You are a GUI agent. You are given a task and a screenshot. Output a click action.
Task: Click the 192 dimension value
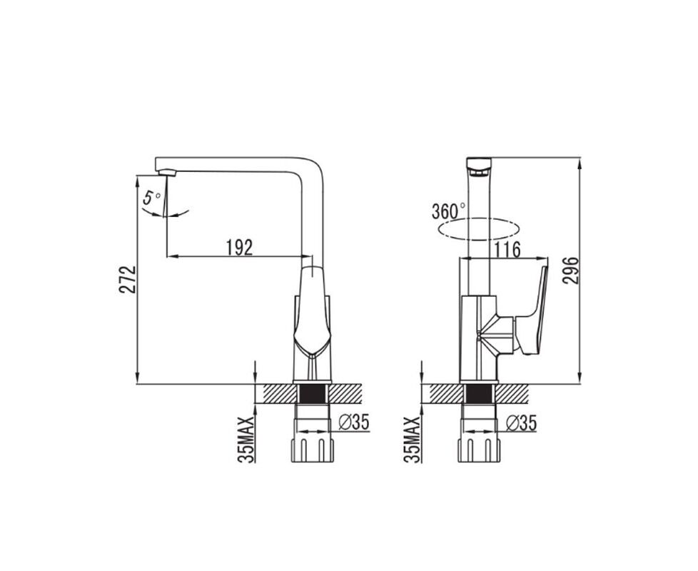coord(240,248)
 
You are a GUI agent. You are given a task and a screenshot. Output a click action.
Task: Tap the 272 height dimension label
coord(127,279)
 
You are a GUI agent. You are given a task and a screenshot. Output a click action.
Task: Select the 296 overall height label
coord(571,270)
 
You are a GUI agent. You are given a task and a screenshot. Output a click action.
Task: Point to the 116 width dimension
coord(507,250)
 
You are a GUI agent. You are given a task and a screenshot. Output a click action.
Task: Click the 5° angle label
coord(151,197)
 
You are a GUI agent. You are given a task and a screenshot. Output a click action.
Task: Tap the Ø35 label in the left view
coord(354,423)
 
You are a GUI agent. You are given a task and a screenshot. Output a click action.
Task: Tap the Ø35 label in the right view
coord(521,423)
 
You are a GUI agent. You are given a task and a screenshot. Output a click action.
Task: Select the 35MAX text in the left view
coord(246,440)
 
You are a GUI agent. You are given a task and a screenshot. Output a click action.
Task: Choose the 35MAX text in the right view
coord(413,440)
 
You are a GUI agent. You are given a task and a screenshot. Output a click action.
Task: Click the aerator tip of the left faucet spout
coord(168,173)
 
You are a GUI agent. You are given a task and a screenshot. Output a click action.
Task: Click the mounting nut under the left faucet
coord(312,450)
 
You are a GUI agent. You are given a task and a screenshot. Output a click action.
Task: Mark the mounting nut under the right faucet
coord(479,450)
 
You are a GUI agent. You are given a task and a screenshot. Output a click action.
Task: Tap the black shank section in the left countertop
coord(312,394)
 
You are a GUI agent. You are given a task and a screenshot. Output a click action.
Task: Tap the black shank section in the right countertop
coord(479,394)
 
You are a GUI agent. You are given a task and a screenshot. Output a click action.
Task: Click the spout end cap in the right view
coord(479,166)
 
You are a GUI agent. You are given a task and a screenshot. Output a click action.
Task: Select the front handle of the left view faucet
coord(312,311)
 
